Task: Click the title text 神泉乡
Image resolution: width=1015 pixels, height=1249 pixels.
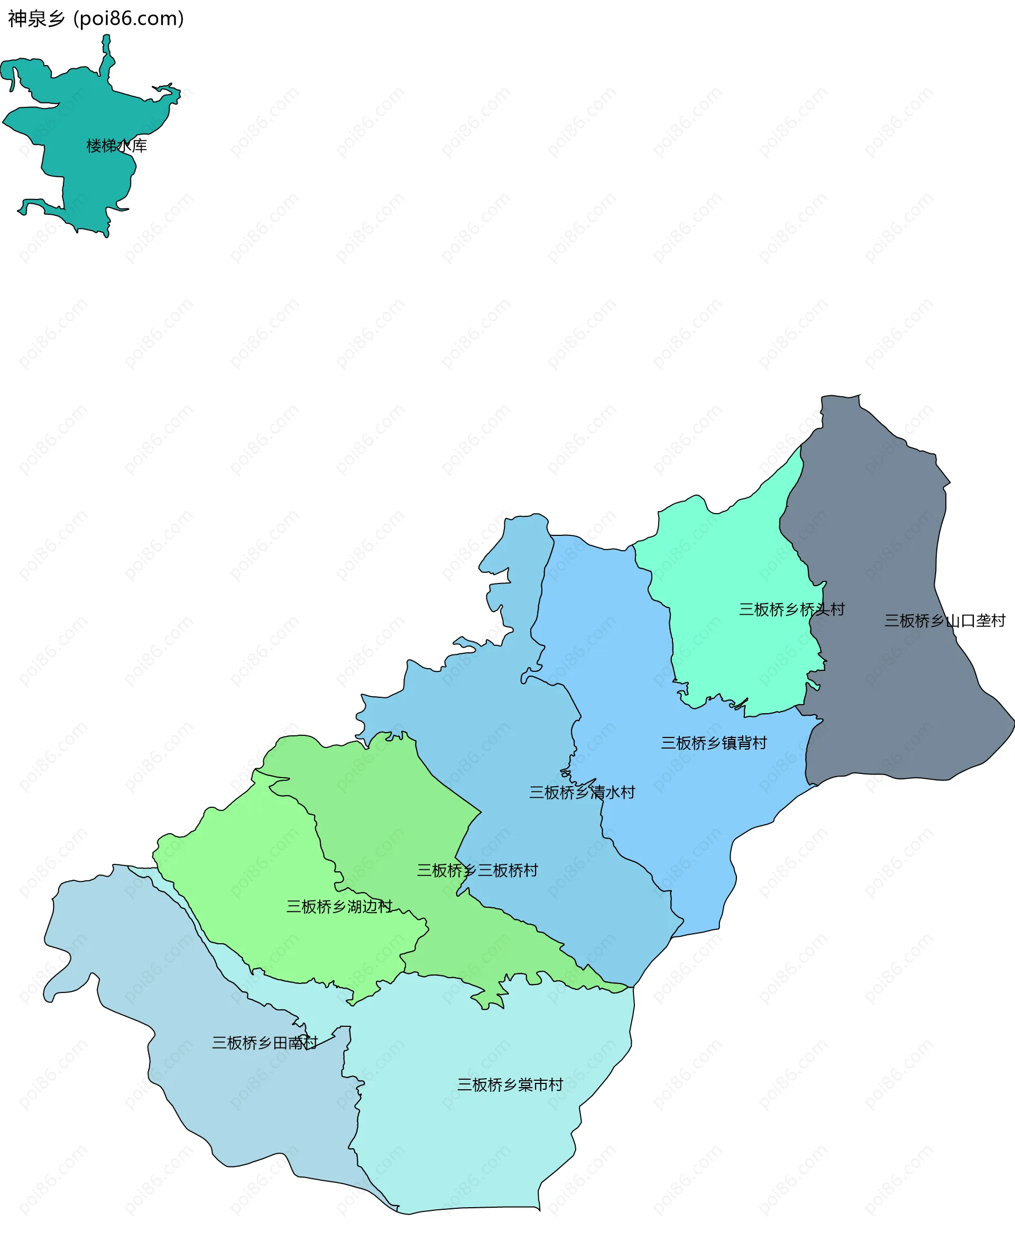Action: (x=36, y=19)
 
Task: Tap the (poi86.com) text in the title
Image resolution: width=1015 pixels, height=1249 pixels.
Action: (x=128, y=19)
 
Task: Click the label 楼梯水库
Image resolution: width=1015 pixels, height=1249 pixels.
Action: (x=116, y=145)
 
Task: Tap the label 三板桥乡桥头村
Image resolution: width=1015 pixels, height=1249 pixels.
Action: (x=792, y=609)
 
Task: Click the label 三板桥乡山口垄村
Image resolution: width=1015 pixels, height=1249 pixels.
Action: (x=944, y=621)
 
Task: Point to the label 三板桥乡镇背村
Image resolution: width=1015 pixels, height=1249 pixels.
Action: (x=713, y=743)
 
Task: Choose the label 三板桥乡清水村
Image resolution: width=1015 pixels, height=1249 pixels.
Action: (x=582, y=792)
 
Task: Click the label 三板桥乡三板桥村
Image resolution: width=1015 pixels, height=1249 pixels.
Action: (x=477, y=871)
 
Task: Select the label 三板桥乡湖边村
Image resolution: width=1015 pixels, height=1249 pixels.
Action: (x=339, y=907)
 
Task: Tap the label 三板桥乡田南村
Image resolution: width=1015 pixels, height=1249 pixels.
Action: (x=264, y=1043)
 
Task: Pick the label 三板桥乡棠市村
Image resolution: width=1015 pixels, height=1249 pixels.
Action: (x=510, y=1085)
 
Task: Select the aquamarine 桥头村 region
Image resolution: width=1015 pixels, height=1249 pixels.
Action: (x=737, y=562)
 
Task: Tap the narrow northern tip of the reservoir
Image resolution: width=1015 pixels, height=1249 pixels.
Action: (x=106, y=44)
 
